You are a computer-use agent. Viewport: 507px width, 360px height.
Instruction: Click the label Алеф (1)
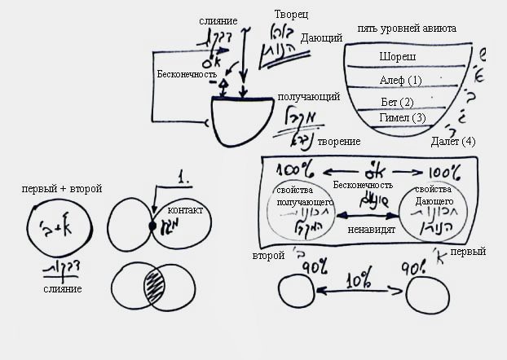point(400,80)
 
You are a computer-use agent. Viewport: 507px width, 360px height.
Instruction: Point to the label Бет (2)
point(397,102)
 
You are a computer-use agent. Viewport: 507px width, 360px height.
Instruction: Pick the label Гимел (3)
point(402,118)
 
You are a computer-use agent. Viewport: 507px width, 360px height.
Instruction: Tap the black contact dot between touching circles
point(152,225)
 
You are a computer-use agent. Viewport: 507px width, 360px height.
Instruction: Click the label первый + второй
point(62,189)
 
